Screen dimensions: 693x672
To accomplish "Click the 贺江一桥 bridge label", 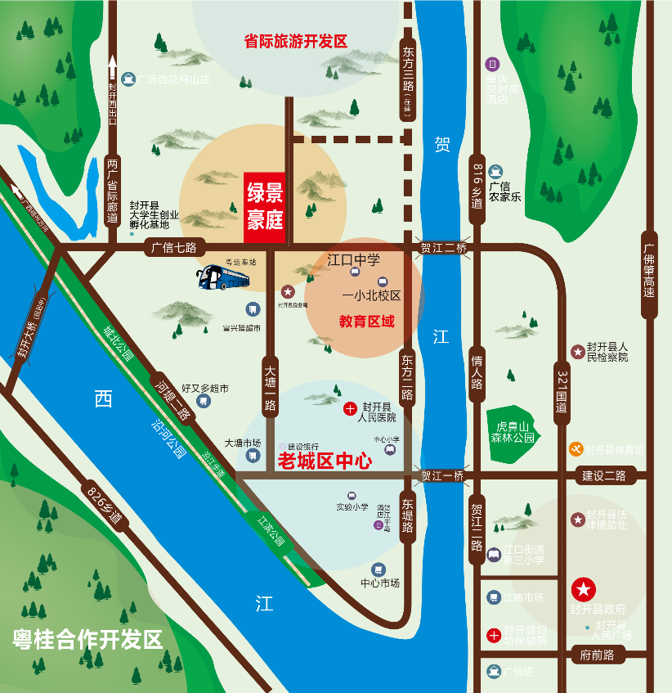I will click(x=442, y=475).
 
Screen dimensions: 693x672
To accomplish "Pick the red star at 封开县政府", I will click(x=584, y=588).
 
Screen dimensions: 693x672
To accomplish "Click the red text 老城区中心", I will click(x=325, y=461).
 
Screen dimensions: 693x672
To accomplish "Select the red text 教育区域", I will click(x=366, y=322).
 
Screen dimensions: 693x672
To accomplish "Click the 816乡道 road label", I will click(x=478, y=187).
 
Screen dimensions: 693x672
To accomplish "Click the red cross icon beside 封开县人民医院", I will click(x=350, y=408).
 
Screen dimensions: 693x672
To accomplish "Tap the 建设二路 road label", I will click(x=603, y=475).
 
